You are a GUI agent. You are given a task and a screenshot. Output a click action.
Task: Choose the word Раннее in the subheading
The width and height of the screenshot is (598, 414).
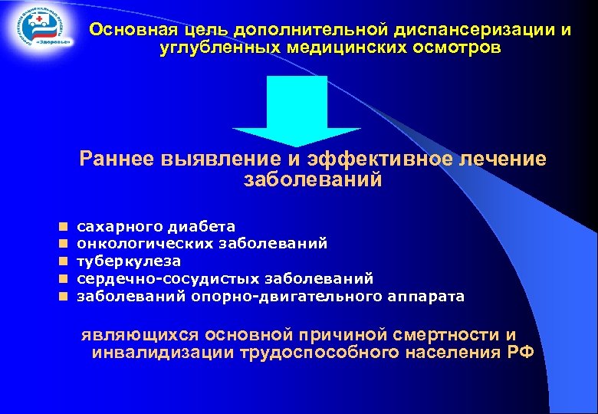pos(117,159)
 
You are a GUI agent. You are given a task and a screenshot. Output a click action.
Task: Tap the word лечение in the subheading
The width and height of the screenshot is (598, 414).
pos(498,159)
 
